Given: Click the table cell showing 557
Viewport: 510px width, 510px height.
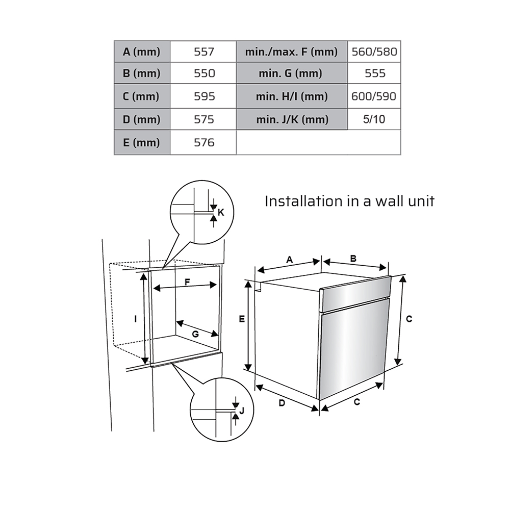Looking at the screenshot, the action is pyautogui.click(x=203, y=52).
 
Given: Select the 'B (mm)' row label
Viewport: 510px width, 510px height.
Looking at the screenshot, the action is pyautogui.click(x=142, y=73).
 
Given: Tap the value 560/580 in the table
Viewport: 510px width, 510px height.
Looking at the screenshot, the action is pyautogui.click(x=374, y=52).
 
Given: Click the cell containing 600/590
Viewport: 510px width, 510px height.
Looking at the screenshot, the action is pyautogui.click(x=374, y=96).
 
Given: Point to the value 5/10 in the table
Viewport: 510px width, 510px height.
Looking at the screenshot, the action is pyautogui.click(x=374, y=119).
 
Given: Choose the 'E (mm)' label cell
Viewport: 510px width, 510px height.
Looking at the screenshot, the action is pyautogui.click(x=142, y=142).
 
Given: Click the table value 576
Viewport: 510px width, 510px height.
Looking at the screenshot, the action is pyautogui.click(x=203, y=142).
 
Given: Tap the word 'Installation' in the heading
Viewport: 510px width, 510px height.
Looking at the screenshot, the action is pyautogui.click(x=303, y=201).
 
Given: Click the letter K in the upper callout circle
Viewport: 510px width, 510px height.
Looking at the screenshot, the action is pyautogui.click(x=221, y=212).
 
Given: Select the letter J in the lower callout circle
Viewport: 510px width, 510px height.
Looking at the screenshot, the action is pyautogui.click(x=241, y=411).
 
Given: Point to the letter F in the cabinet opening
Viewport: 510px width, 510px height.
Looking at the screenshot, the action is pyautogui.click(x=187, y=282).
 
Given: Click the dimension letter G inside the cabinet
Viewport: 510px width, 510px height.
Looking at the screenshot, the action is pyautogui.click(x=195, y=334).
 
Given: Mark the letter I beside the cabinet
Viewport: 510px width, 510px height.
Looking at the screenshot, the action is pyautogui.click(x=136, y=319).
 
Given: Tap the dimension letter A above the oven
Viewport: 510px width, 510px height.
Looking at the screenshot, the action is pyautogui.click(x=290, y=260).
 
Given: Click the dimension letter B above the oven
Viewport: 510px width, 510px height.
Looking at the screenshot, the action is pyautogui.click(x=353, y=259).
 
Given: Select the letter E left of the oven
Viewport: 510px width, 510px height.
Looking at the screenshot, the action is pyautogui.click(x=242, y=319).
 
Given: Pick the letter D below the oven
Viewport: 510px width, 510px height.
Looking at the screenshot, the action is pyautogui.click(x=282, y=403).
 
